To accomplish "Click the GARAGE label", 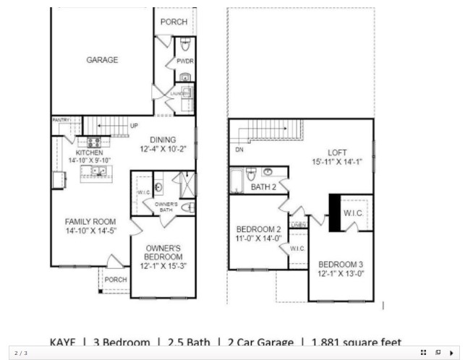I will pos(102,60).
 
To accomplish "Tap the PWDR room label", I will pos(184,61).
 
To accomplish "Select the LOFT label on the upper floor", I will pos(337,153).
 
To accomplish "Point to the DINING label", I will pos(163,140).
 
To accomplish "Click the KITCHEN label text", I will pos(90,153).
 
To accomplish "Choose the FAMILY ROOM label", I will pos(90,222).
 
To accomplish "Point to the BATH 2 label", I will pos(264,187).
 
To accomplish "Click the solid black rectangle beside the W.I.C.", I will pos(335,213).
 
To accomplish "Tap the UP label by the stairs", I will pos(134,126).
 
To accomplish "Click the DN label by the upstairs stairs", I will pos(239,150).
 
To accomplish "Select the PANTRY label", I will pos(60,120).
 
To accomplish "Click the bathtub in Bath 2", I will pos(236,181).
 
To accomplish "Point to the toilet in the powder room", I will pos(184,41).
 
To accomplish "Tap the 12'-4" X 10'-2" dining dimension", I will pos(163,150).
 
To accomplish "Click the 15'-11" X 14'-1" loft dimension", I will pos(337,163).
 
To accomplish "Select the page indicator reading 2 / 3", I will pos(21,353).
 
